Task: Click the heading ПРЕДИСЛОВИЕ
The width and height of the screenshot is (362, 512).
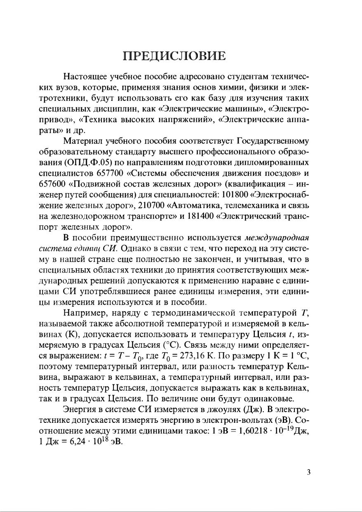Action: pos(181,56)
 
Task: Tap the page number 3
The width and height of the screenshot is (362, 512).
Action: pos(308,472)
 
